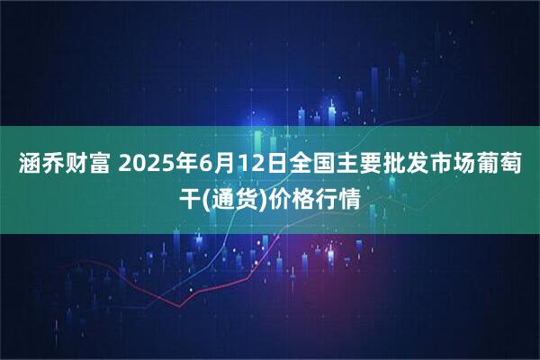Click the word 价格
tap(295, 197)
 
